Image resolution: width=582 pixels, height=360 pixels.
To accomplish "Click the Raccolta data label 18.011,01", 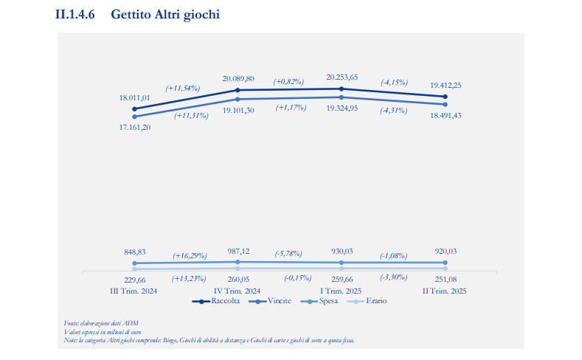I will point(134,97).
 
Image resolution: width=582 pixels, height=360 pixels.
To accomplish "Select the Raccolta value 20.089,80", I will point(238,78).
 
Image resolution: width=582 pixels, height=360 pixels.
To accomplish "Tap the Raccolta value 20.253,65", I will point(342,77).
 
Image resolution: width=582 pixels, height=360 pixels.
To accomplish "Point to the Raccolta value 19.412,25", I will point(446,85).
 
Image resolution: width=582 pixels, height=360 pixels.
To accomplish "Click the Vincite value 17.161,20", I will point(134,127).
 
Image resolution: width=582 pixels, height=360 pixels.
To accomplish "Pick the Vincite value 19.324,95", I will point(342,108).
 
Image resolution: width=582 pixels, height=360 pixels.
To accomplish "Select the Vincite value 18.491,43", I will point(446,116).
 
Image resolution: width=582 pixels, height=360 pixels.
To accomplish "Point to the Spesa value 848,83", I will point(134,251).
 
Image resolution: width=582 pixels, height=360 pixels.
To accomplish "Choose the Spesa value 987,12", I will point(238,251).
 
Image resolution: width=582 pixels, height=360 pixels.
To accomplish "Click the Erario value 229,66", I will point(134,280).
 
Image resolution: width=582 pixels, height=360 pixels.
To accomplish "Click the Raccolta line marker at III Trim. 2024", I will point(134,109).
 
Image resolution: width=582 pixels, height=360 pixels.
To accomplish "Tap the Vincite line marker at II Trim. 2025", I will point(446,104).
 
